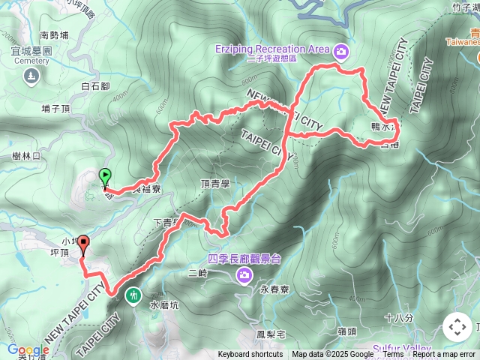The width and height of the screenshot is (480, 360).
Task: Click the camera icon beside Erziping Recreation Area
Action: (x=342, y=51)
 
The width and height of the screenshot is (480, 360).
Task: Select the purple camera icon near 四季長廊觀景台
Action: (x=244, y=277)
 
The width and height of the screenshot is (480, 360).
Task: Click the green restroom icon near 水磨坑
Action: (x=133, y=295)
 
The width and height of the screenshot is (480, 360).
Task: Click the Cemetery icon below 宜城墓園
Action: (x=30, y=75)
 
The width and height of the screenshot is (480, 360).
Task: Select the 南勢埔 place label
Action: (x=54, y=34)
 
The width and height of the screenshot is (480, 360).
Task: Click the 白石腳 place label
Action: (x=94, y=87)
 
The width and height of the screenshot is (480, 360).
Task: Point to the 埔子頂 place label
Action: (x=57, y=109)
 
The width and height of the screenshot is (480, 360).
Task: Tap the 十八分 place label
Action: (x=398, y=318)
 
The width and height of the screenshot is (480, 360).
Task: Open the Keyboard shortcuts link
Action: (x=250, y=355)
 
